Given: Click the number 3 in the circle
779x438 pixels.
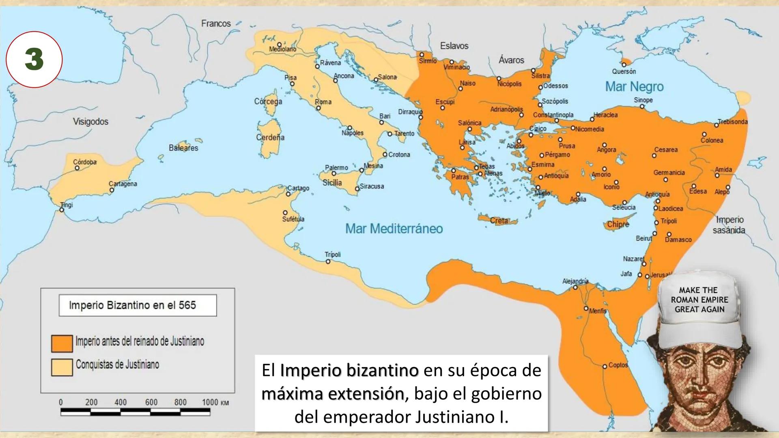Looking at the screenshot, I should pos(34,60).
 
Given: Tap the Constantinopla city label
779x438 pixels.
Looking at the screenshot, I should pos(553,115).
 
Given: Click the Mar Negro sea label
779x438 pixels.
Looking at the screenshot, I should pos(634,86).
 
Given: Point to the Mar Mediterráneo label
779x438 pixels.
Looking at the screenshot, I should pos(394,229).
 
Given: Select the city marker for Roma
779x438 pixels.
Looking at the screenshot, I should pos(318,108).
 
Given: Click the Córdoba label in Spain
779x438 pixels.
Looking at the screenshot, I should pos(85,162).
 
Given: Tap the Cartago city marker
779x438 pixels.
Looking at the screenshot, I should pos(288,194).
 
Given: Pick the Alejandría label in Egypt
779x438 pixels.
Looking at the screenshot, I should pos(575,281).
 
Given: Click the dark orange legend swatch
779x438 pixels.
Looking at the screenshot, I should pos(62,343).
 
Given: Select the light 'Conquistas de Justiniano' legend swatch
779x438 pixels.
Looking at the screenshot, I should pos(62,367).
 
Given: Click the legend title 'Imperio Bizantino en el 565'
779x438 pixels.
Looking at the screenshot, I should pos(132,305).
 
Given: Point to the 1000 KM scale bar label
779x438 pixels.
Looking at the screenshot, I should pos(215,402).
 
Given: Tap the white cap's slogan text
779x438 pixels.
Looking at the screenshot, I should pos(699,300).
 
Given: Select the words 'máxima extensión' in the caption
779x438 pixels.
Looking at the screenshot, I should pos(333,394).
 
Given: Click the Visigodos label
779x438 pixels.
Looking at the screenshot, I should pos(90,121).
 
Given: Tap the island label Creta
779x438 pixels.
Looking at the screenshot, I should pos(499,221).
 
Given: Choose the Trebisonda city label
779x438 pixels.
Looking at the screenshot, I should pos(732,122).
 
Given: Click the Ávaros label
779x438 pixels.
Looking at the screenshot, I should pos(511,60).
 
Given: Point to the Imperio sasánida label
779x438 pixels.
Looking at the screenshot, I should pos(729,225).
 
